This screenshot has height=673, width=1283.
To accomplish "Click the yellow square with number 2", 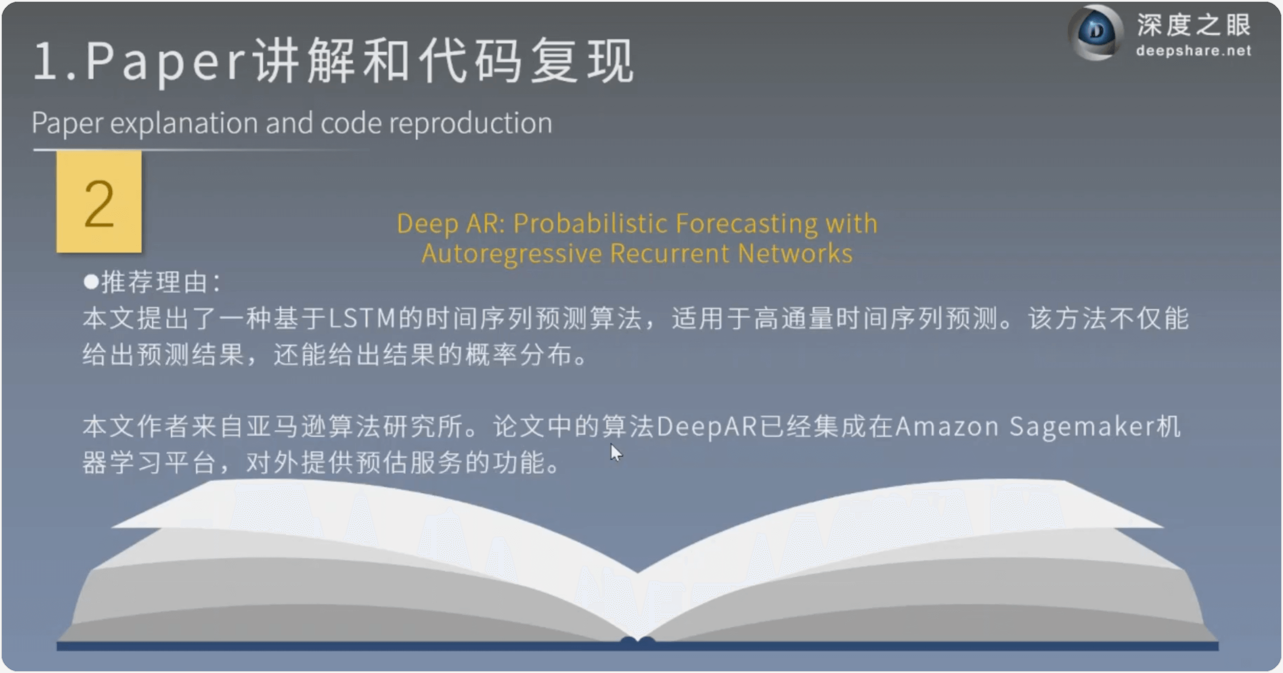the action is pyautogui.click(x=99, y=202).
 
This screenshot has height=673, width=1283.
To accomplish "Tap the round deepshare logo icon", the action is pyautogui.click(x=1096, y=32).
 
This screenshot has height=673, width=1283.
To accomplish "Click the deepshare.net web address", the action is pyautogui.click(x=1193, y=51).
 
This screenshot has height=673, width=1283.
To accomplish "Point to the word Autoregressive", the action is pyautogui.click(x=512, y=254).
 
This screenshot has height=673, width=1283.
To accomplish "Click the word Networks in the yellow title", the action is pyautogui.click(x=795, y=253).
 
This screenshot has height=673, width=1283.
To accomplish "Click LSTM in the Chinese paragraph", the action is pyautogui.click(x=362, y=319).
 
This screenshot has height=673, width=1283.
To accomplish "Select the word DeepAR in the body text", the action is pyautogui.click(x=707, y=427).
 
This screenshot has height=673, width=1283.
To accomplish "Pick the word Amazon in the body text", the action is pyautogui.click(x=947, y=427).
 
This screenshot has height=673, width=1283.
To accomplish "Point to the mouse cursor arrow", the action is pyautogui.click(x=616, y=453).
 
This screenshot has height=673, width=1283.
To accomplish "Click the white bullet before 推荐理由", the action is pyautogui.click(x=91, y=281).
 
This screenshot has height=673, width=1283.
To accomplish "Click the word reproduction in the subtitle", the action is pyautogui.click(x=470, y=123).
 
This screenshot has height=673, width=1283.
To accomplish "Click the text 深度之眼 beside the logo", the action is pyautogui.click(x=1194, y=25).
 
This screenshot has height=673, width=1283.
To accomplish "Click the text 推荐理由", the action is pyautogui.click(x=154, y=282).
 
